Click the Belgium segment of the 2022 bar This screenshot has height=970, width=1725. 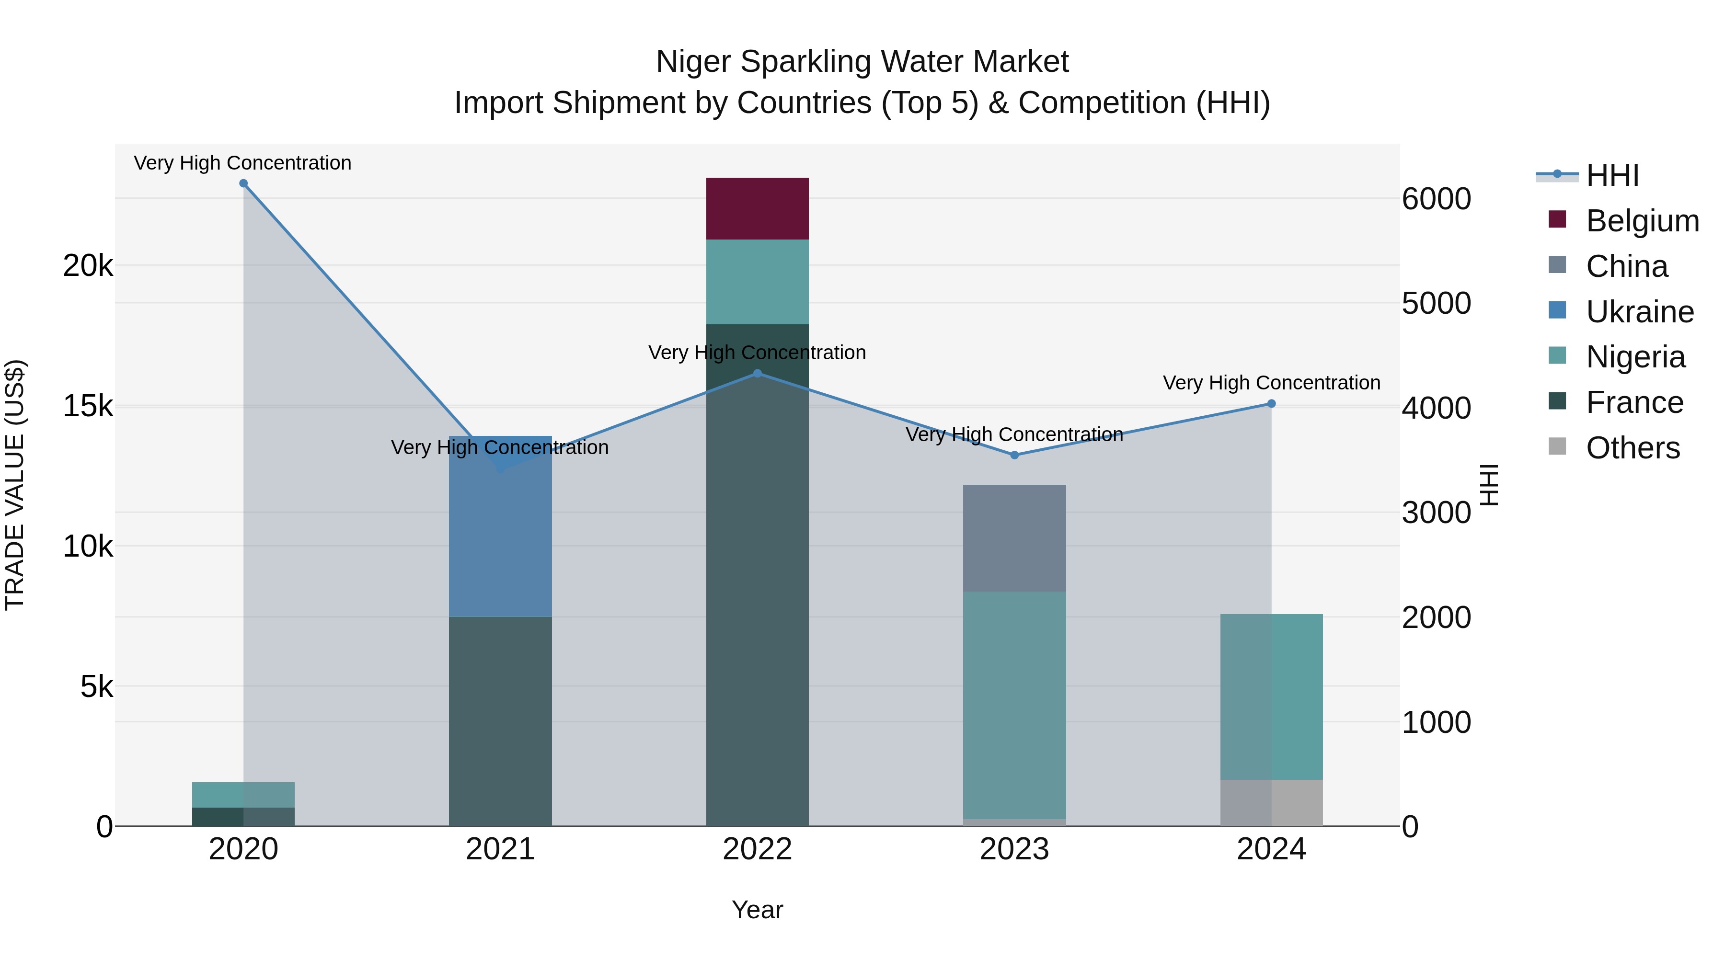758,208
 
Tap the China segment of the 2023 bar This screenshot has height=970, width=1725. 1014,537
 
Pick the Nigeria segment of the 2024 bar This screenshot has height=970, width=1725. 1271,696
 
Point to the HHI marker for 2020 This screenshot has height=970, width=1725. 244,183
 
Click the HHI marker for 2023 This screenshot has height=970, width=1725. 1014,455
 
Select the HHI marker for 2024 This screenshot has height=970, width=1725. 1271,404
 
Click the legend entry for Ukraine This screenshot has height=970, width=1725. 1639,312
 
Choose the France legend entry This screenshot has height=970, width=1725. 1633,403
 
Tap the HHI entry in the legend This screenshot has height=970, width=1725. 1612,175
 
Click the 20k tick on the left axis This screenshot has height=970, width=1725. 88,266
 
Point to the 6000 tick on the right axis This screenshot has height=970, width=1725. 1437,199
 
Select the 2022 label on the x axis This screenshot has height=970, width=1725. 758,849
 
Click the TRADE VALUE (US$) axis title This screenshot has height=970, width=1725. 15,485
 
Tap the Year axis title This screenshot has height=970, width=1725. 758,910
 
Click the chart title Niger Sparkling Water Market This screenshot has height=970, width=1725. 862,62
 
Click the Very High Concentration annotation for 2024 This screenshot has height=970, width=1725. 1271,383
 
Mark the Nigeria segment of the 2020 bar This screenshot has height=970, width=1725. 243,795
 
